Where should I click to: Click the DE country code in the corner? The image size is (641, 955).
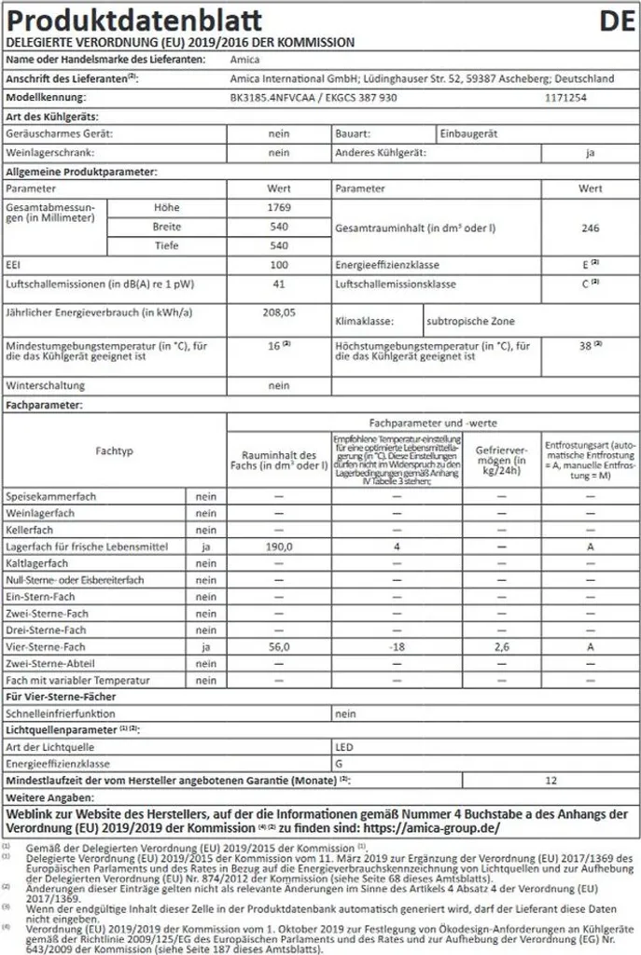click(x=616, y=21)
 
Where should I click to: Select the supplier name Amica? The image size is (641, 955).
click(x=244, y=60)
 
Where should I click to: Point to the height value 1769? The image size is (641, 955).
click(x=279, y=207)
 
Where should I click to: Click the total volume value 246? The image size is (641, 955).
click(x=590, y=227)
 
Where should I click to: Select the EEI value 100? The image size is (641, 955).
click(x=279, y=266)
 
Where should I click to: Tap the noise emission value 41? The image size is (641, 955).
click(x=279, y=284)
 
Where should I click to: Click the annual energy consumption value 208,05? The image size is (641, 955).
click(x=279, y=312)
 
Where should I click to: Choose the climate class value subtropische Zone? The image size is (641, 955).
click(x=472, y=321)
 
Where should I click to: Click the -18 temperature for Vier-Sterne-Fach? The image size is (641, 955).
click(x=397, y=646)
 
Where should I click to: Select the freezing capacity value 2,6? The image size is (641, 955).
click(x=501, y=646)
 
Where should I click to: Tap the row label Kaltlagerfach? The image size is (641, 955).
click(x=37, y=563)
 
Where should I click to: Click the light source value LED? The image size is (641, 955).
click(x=344, y=747)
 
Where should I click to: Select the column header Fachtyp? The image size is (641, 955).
click(x=115, y=451)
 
